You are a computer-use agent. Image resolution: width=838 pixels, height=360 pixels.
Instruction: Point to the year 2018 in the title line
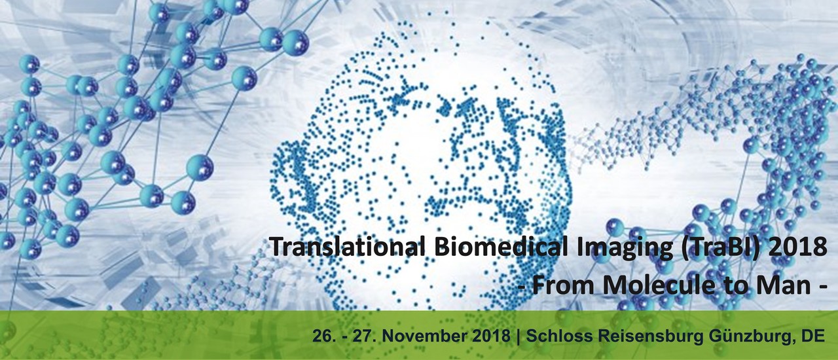(795, 247)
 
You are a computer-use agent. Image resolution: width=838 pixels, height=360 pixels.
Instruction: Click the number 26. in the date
(322, 336)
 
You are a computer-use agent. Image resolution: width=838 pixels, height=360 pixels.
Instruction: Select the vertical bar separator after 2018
(518, 336)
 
